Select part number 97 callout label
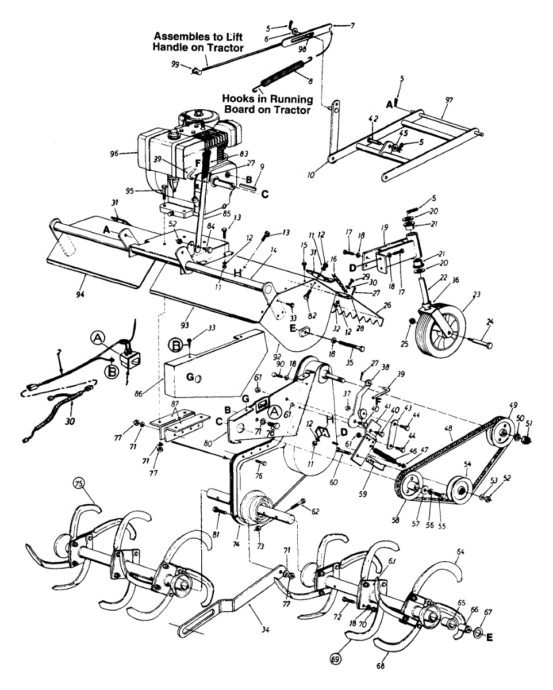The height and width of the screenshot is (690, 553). tap(449, 100)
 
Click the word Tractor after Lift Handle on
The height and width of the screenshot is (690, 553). tap(224, 47)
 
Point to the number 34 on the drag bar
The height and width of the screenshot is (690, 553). tap(264, 630)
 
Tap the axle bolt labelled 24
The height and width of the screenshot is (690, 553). tap(480, 344)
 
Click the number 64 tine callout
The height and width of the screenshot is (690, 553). tap(460, 551)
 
